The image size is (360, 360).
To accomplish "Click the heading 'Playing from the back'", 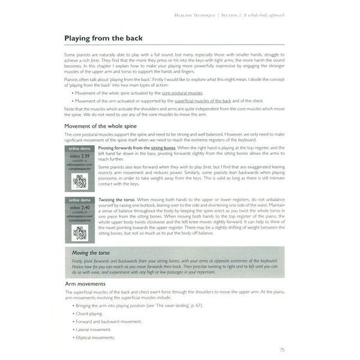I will tap(103, 38).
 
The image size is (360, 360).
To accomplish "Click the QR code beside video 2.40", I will tap(80, 233).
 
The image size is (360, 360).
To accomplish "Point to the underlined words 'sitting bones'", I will tap(163, 147).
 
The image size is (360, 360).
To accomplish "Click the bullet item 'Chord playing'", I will tap(89, 313).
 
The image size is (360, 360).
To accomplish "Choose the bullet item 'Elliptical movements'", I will tap(95, 338).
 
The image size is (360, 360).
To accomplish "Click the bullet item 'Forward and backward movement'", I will tap(107, 322).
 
